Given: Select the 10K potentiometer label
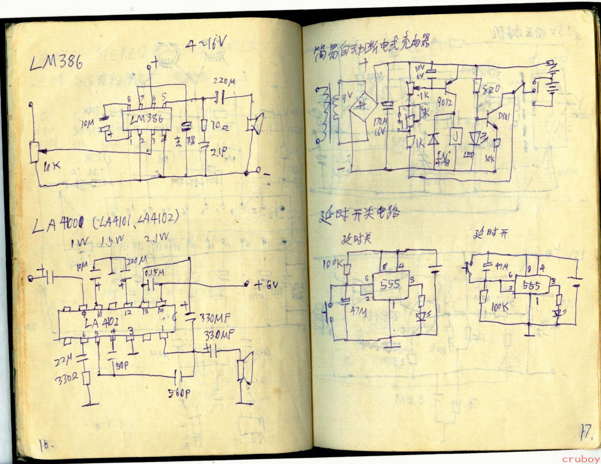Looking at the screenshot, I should pos(52,165).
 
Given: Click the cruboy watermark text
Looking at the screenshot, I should pos(581,459).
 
